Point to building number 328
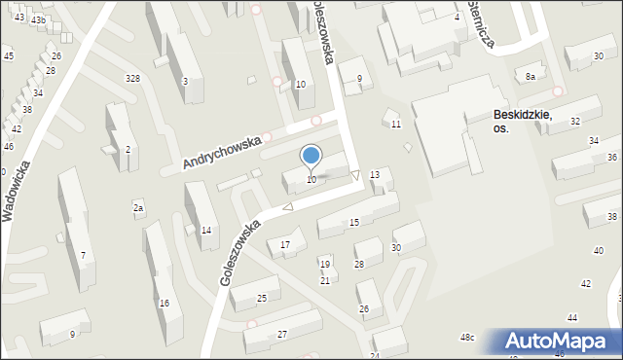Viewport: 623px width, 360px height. [132, 78]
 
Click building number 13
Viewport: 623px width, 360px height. [375, 174]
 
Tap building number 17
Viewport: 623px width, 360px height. [285, 244]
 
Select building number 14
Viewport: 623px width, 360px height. [205, 231]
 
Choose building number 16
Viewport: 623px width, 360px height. [165, 304]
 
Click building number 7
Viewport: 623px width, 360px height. [84, 256]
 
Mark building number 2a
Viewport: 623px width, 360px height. [138, 208]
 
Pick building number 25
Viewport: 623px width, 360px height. [262, 298]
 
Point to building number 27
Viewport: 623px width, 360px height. [281, 335]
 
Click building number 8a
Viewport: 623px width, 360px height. [531, 76]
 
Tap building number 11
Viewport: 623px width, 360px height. [396, 125]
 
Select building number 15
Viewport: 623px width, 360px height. [354, 223]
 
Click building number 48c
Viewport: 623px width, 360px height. [467, 338]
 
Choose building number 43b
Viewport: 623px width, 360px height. [38, 19]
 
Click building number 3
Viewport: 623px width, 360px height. [185, 82]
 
